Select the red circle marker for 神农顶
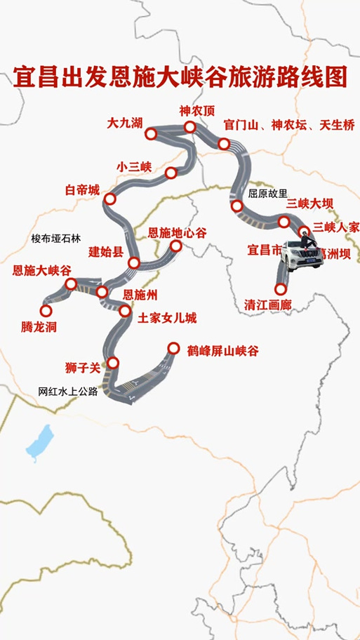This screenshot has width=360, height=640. click(190, 127)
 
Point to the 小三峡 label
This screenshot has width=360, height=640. click(134, 167)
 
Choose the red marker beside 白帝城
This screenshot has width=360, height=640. click(109, 199)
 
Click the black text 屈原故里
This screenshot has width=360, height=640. click(268, 192)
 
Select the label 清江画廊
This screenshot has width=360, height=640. click(267, 306)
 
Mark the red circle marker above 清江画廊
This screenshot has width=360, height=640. click(281, 288)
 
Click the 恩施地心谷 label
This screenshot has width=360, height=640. click(178, 232)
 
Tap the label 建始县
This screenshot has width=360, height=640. click(106, 251)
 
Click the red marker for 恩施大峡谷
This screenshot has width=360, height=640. click(71, 284)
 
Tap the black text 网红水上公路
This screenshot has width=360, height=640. click(67, 392)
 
